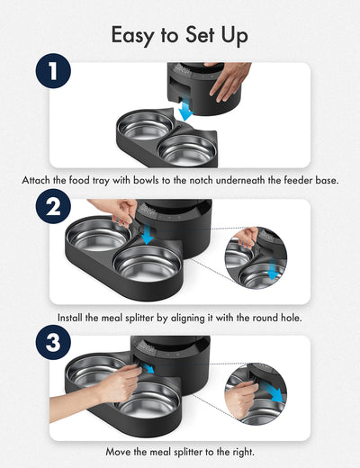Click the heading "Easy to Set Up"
click(x=179, y=34)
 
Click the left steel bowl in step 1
click(x=147, y=126)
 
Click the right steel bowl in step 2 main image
click(x=149, y=263)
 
